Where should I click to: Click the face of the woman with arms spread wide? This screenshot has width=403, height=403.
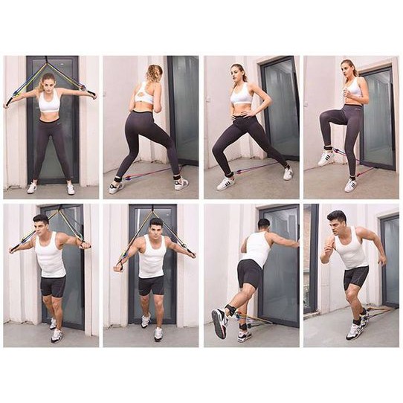point(50,81)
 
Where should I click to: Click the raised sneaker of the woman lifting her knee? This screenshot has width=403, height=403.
point(326,157)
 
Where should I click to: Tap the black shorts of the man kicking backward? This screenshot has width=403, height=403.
point(249,274)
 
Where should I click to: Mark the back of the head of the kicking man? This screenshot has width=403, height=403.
point(263,224)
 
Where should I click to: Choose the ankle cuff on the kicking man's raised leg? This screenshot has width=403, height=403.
point(233,310)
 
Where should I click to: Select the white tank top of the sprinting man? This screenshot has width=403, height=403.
point(349,251)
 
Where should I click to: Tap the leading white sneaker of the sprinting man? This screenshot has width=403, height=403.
point(355,331)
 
